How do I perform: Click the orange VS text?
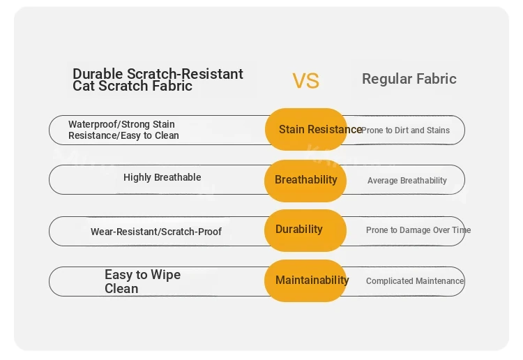pos(306,81)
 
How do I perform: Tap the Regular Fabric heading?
pos(409,79)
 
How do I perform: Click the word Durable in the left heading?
pos(98,74)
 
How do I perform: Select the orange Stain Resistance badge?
pos(305,129)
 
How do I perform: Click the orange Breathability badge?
pos(305,181)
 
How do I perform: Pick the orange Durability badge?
pos(305,230)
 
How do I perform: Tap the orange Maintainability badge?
pos(305,280)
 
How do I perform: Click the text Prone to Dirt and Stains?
pos(406,130)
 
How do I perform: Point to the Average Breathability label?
pos(407,181)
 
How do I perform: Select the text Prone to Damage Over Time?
pos(418,230)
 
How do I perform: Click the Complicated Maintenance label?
pos(415,281)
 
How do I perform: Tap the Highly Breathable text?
pos(162,177)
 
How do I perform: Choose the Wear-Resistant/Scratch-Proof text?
pos(156,232)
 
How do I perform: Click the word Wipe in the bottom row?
pos(165,276)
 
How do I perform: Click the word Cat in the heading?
pos(84,86)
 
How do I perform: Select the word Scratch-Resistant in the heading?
pos(185,74)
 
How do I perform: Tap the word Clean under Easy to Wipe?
pos(121,289)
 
